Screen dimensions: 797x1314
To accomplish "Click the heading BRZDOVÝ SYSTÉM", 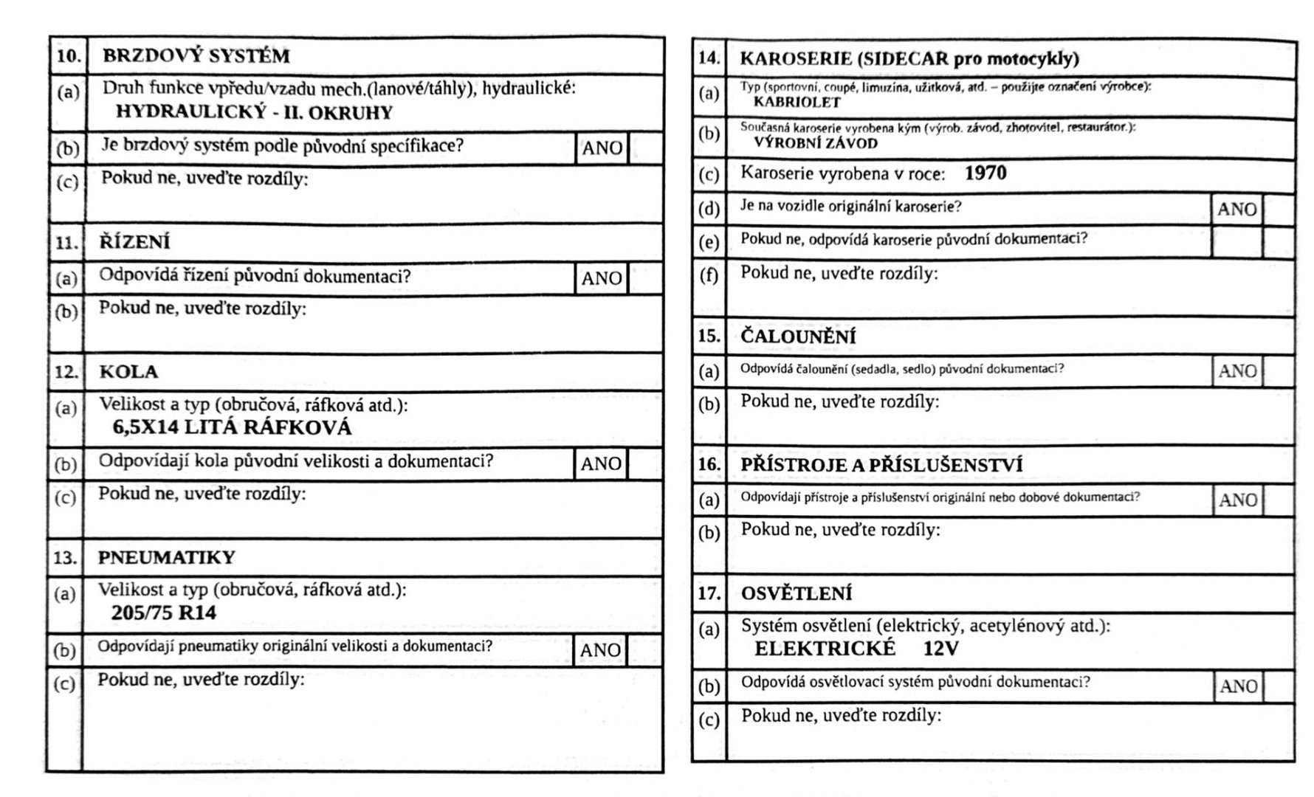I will (x=196, y=56).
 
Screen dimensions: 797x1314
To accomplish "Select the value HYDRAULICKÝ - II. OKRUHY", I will (x=254, y=113).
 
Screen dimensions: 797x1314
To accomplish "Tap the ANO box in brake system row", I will (x=602, y=148).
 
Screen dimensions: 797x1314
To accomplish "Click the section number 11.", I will (x=66, y=243).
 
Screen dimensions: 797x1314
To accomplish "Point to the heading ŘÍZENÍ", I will (x=135, y=243).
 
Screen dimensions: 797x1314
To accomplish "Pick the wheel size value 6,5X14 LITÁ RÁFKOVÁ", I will (x=232, y=427).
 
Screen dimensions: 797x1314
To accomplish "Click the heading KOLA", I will (x=128, y=371).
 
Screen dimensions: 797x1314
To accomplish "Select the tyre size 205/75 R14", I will (x=164, y=613).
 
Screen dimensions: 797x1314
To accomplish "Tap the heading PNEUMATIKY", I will (x=166, y=557).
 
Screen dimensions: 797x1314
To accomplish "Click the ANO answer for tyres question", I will (x=600, y=650).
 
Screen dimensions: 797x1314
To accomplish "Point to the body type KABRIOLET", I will (x=797, y=103).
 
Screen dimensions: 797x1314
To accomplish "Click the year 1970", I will (x=985, y=173).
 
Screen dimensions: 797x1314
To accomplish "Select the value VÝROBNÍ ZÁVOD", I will (x=816, y=143).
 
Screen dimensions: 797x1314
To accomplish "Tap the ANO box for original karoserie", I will (x=1236, y=210).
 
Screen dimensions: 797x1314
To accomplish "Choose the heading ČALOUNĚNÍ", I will (x=798, y=337).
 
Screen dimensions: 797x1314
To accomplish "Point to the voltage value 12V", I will (x=941, y=649).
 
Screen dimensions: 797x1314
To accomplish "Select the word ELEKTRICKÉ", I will (x=825, y=649).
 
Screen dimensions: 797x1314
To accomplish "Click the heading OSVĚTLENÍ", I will (x=796, y=593).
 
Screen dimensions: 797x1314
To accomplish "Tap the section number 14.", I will (x=709, y=58).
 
